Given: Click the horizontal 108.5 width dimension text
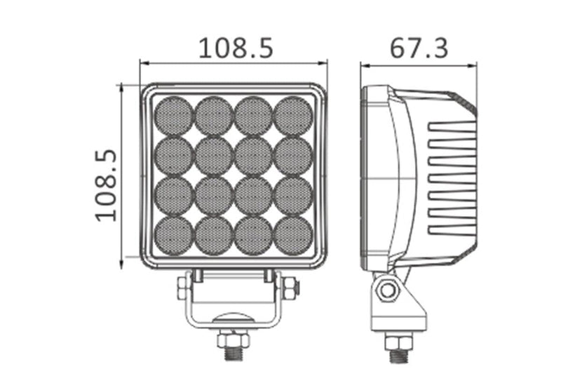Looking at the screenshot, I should (x=235, y=48).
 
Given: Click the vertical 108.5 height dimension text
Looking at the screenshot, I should (x=105, y=185).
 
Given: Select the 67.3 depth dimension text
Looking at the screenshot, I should (x=419, y=48).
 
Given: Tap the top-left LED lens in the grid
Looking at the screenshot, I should (x=173, y=116).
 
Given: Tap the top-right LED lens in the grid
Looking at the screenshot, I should (x=292, y=116).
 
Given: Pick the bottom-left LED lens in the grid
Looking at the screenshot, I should (x=173, y=235).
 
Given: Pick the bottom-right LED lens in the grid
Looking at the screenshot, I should (x=292, y=235).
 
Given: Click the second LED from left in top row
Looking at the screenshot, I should (x=213, y=116).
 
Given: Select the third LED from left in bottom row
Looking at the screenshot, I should (x=253, y=235).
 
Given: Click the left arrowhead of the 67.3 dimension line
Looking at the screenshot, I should (x=363, y=65).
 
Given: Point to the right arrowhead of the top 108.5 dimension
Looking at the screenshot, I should (x=325, y=64).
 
